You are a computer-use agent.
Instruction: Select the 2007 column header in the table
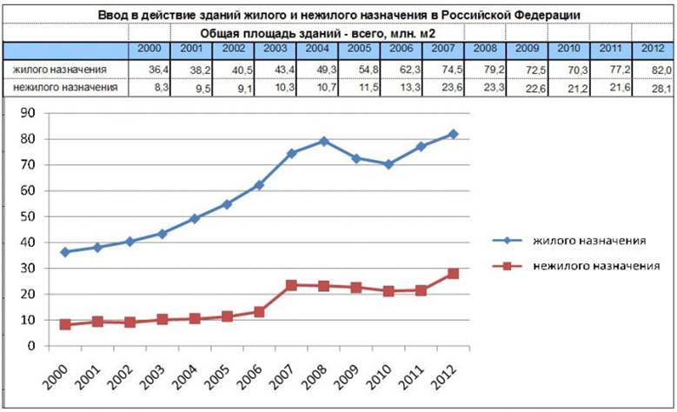click(443, 49)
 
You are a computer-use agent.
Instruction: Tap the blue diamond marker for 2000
click(65, 252)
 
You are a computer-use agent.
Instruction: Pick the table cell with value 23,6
click(443, 87)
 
